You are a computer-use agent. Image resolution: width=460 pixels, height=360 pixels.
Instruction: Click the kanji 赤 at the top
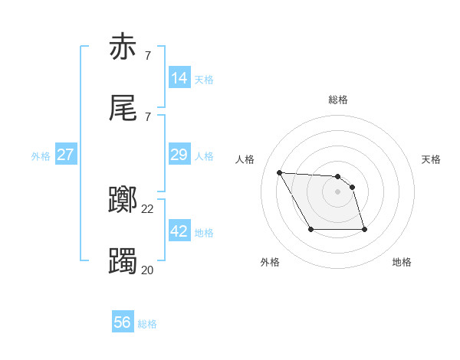123,47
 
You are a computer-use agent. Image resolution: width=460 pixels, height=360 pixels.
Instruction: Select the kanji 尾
123,109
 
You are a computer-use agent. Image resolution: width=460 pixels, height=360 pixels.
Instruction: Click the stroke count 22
148,208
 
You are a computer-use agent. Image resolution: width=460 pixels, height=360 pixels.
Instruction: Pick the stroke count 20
148,270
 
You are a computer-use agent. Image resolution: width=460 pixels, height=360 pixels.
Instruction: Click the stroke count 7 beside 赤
148,55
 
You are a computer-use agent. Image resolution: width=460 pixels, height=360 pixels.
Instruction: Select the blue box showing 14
179,78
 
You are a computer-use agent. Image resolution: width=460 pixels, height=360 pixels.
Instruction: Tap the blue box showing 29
179,155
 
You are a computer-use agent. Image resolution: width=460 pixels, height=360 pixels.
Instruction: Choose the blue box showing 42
179,231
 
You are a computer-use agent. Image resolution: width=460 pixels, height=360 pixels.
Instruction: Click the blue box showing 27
66,155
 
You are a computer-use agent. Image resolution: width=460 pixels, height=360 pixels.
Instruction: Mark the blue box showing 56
123,322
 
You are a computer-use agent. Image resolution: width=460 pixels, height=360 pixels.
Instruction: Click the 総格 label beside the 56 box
147,324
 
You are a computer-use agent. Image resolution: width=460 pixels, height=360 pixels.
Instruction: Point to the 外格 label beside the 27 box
41,156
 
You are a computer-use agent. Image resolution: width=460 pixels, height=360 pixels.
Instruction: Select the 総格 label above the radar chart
338,100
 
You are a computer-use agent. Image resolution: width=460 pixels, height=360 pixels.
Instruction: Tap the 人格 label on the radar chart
245,159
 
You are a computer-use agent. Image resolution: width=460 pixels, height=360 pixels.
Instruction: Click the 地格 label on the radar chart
402,262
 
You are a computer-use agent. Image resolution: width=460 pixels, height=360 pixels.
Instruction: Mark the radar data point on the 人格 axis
279,172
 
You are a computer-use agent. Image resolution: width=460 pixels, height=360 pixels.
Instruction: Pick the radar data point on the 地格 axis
364,229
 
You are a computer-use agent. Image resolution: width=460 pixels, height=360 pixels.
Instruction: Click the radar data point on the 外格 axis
310,229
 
